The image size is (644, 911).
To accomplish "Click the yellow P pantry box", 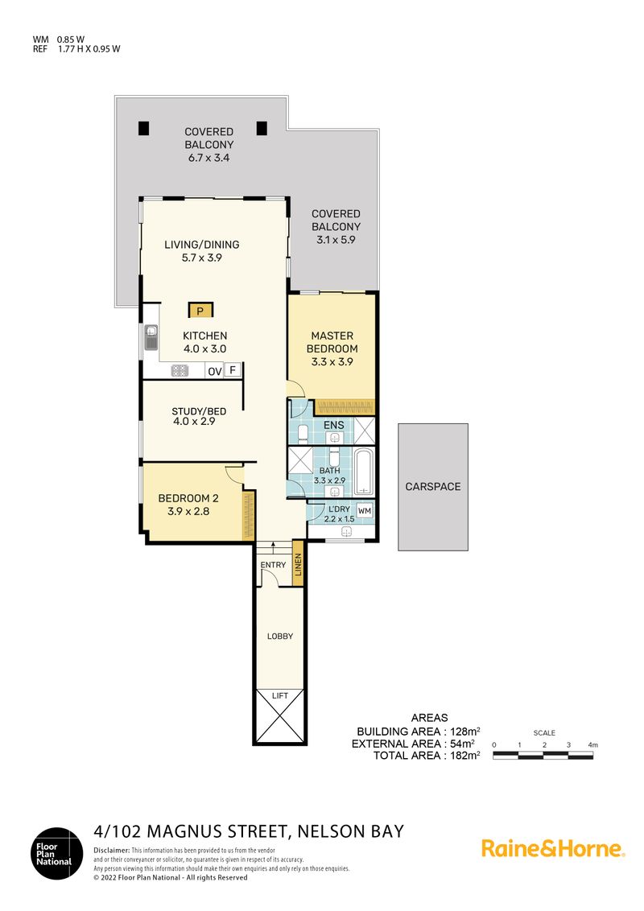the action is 200,311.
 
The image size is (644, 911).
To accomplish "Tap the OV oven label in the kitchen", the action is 214,371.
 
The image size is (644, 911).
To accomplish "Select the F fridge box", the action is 233,370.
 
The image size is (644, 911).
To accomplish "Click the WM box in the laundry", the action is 365,511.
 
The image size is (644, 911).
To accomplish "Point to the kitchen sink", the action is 151,337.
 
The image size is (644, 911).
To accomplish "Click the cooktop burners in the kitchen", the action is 180,370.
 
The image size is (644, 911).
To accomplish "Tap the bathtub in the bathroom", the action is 363,471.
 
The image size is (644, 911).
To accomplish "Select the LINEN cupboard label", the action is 298,564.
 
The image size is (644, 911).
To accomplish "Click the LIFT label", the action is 279,695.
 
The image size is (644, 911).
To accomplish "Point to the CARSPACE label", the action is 433,487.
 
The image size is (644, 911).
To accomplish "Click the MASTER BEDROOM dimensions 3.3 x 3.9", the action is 332,361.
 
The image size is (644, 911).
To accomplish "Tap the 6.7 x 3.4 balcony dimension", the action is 208,158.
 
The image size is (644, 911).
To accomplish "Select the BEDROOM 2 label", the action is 188,498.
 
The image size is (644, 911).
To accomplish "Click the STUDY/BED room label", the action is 199,411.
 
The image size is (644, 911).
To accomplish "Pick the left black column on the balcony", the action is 143,128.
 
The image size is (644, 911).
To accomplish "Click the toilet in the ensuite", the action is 303,434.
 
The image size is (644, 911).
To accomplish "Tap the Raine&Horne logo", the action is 553,849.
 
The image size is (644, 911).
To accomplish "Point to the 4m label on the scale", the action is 592,745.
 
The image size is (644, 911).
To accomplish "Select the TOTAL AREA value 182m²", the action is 465,756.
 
